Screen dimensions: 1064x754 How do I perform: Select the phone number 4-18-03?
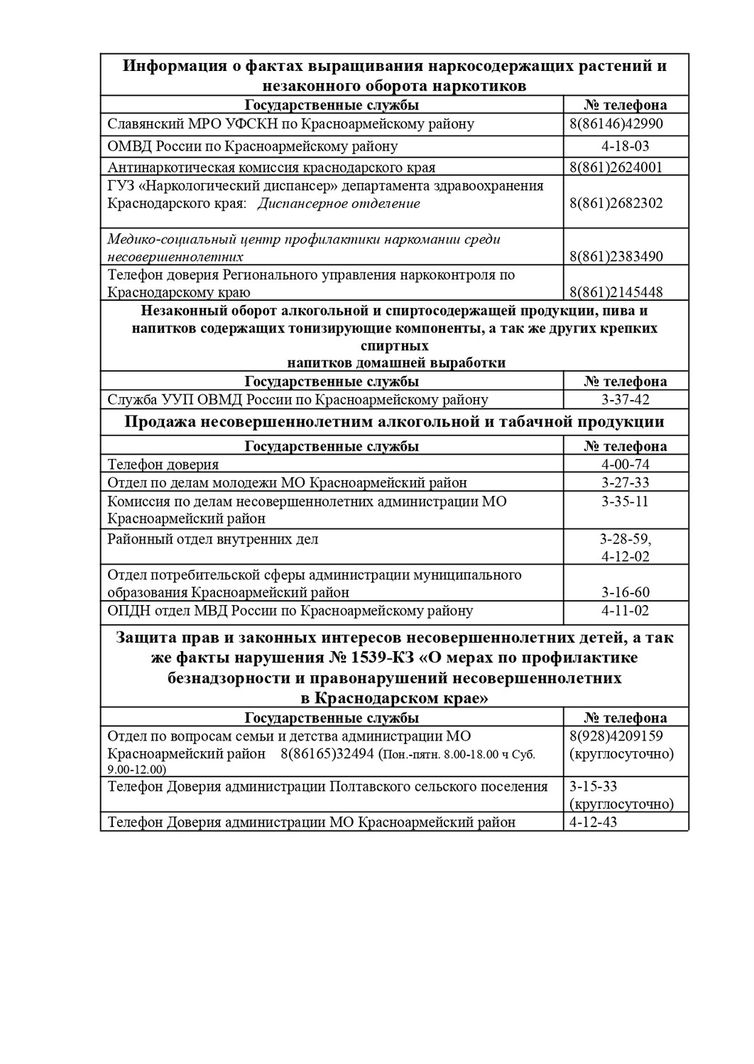(625, 147)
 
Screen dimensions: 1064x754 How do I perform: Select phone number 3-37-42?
(625, 400)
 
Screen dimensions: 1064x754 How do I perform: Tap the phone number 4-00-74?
(625, 465)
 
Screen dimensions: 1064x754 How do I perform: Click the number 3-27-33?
(625, 483)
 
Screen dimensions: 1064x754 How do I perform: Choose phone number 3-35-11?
(625, 501)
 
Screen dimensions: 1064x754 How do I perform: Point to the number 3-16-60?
(625, 592)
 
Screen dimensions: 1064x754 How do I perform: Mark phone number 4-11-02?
(625, 611)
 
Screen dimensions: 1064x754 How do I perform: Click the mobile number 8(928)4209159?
(616, 736)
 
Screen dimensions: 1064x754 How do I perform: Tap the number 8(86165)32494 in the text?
(327, 754)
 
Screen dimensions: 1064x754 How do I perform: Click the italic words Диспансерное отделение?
(338, 204)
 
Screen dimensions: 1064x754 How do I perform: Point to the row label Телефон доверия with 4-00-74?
(163, 465)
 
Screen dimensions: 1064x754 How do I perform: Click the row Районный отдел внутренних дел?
(213, 539)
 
